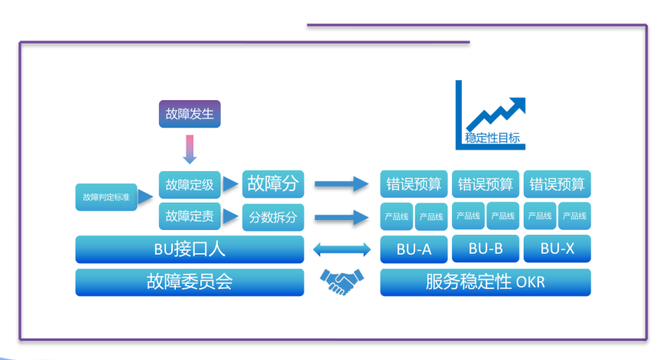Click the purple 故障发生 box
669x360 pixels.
190,114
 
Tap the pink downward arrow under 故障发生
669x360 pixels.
190,149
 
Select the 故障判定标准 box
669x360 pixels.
106,197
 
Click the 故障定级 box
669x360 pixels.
190,185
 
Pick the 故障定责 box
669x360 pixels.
190,216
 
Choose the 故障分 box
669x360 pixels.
273,184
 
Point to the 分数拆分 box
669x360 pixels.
273,217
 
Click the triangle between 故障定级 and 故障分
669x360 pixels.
230,184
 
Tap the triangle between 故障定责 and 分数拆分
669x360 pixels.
230,216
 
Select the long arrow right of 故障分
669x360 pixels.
341,184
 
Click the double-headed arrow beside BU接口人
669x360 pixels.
342,249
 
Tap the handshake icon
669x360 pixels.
342,281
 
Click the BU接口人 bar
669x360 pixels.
190,249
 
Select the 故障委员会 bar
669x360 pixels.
190,282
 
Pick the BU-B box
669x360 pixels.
486,248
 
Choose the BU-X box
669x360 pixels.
557,248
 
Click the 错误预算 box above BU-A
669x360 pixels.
414,184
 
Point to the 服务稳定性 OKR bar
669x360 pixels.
486,282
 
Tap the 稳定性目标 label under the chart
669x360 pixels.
492,138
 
